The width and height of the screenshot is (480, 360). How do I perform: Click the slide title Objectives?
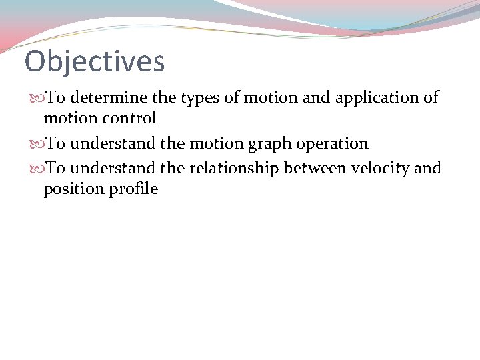coord(95,62)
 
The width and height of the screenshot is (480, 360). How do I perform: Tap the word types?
coord(203,98)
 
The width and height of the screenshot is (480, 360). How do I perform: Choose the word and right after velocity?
coord(427,168)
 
